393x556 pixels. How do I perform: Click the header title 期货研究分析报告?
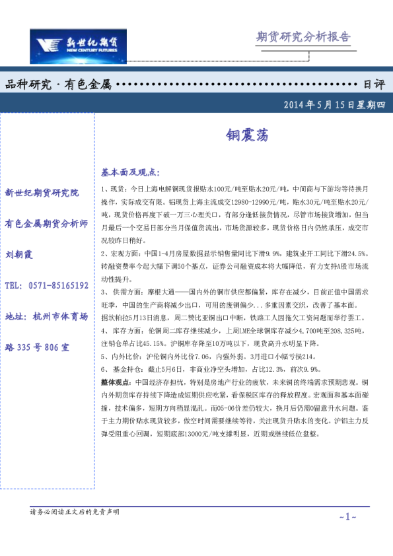point(303,37)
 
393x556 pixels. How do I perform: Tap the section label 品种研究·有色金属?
point(58,85)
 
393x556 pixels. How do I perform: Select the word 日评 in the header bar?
point(374,85)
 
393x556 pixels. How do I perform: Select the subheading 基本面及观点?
point(130,172)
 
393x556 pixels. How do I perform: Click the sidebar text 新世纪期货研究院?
point(42,193)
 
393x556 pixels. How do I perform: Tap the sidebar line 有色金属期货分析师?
point(46,224)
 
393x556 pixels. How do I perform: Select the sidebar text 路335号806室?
point(38,347)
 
